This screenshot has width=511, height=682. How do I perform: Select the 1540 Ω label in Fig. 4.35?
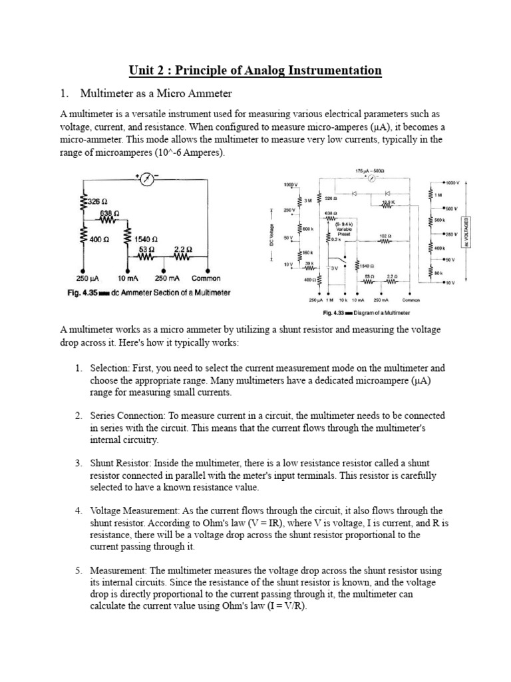tap(145, 238)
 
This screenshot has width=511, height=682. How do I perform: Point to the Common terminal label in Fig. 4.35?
tap(206, 278)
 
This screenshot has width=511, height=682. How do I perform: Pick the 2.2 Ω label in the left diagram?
tap(183, 250)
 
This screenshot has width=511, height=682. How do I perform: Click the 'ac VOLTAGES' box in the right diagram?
tap(472, 232)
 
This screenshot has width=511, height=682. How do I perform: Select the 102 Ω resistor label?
tap(384, 235)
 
